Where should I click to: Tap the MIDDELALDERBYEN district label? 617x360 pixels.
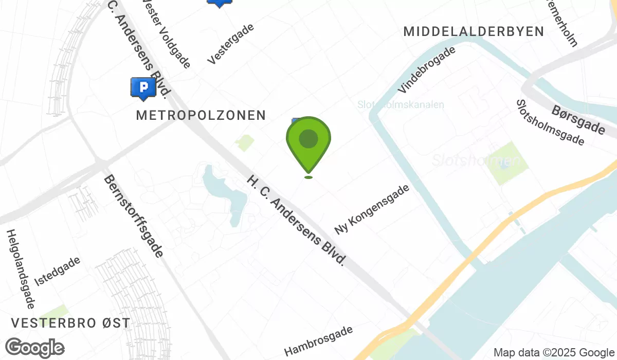coord(474,31)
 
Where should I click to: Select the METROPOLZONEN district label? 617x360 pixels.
coord(201,115)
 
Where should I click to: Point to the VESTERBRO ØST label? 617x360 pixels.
coord(70,323)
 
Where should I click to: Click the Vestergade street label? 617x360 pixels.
coord(231,45)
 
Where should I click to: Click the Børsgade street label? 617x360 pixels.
coord(578,120)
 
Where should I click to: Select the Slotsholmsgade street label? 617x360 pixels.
coord(550,122)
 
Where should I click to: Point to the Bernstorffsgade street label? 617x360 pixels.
coord(134,216)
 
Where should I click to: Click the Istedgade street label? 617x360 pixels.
coord(57,271)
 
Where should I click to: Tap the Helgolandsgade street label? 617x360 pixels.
coord(20,268)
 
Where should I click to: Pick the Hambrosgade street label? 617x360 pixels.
coord(319,340)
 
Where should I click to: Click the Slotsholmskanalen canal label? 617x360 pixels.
coord(401,105)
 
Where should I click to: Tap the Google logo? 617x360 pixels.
coord(34,348)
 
